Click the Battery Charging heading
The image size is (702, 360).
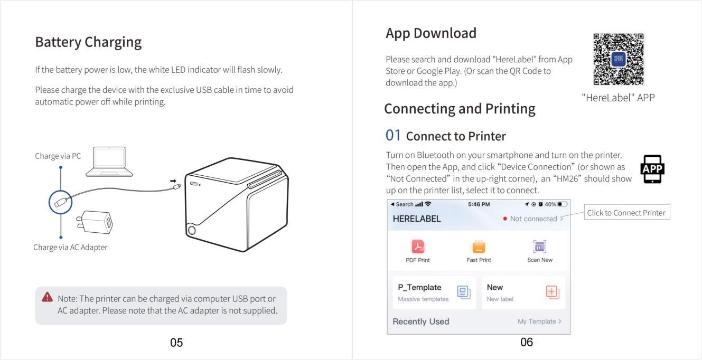(88, 42)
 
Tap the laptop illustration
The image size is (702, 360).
(109, 162)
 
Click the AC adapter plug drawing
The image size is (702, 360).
(95, 222)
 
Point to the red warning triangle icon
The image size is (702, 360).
(48, 297)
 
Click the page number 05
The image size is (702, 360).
(176, 343)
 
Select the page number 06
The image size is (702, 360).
(527, 342)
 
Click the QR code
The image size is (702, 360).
(619, 59)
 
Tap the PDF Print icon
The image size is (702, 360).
(418, 247)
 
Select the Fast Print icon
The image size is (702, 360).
(479, 247)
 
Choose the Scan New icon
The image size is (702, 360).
(540, 247)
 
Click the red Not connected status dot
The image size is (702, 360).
(505, 219)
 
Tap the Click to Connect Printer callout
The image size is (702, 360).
(627, 212)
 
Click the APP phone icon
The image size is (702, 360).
(652, 169)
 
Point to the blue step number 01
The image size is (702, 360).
(393, 135)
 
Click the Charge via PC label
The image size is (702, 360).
(58, 156)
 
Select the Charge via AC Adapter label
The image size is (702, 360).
(70, 247)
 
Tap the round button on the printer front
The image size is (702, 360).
(192, 231)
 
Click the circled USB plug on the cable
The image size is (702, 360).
(61, 202)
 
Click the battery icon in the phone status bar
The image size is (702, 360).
(563, 204)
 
